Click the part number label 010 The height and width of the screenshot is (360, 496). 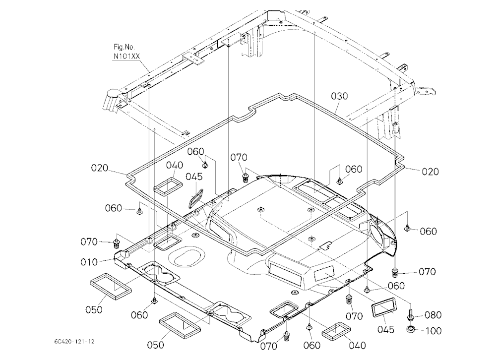tap(89, 262)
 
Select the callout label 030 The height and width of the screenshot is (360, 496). tap(339, 96)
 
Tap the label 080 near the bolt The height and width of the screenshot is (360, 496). tap(433, 315)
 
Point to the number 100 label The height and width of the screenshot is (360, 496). tap(433, 331)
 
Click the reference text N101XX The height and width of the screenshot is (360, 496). tap(126, 57)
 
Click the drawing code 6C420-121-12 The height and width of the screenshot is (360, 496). tap(74, 342)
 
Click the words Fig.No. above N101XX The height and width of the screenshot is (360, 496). tap(124, 47)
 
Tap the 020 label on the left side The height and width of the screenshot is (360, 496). tap(100, 168)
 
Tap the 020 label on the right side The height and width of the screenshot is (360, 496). tap(430, 172)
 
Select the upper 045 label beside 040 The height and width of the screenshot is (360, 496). tap(194, 177)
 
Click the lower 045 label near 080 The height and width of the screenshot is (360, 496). tap(386, 329)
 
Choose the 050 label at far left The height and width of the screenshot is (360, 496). tap(94, 309)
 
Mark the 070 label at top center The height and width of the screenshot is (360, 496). tap(239, 157)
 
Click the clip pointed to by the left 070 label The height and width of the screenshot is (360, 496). tap(117, 244)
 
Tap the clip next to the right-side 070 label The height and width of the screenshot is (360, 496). tap(395, 271)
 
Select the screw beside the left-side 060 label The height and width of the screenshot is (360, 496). tap(139, 211)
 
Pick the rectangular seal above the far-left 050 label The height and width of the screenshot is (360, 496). tap(111, 287)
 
